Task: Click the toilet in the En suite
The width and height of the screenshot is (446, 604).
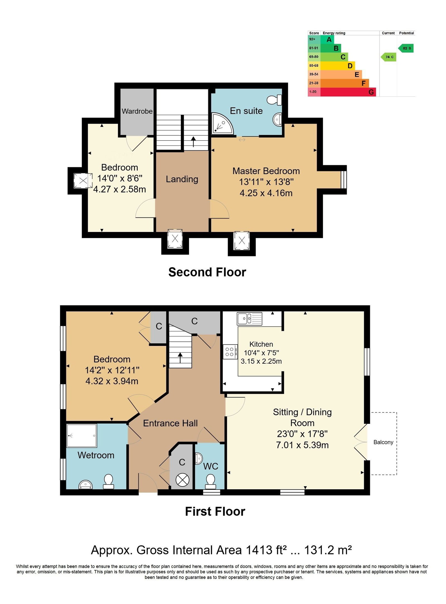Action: pos(275,100)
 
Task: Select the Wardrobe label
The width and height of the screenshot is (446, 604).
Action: pos(137,111)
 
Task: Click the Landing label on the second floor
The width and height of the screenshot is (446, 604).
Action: pos(182,179)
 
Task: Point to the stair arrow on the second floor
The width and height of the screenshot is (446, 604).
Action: pos(193,142)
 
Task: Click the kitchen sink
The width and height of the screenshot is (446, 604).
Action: pos(249,319)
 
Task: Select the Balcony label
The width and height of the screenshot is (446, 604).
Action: pos(383,442)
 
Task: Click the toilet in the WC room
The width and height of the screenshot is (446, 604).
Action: pos(210,482)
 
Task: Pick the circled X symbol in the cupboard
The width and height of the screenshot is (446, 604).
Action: pos(183,480)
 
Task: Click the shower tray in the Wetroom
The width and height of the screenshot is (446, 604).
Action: pos(82,436)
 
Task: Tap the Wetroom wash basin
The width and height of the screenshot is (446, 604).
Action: pos(86,485)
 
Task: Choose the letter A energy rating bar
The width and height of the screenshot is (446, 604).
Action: pos(327,40)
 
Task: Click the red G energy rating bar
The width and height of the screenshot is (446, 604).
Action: pos(348,92)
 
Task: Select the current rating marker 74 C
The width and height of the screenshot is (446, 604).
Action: pos(389,57)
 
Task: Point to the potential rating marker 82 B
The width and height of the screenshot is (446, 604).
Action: pos(406,48)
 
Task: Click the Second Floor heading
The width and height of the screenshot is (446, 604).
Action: pos(207,272)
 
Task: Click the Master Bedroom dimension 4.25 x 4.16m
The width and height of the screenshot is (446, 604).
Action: pos(266,193)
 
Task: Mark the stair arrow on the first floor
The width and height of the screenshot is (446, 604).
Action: pos(180,358)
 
